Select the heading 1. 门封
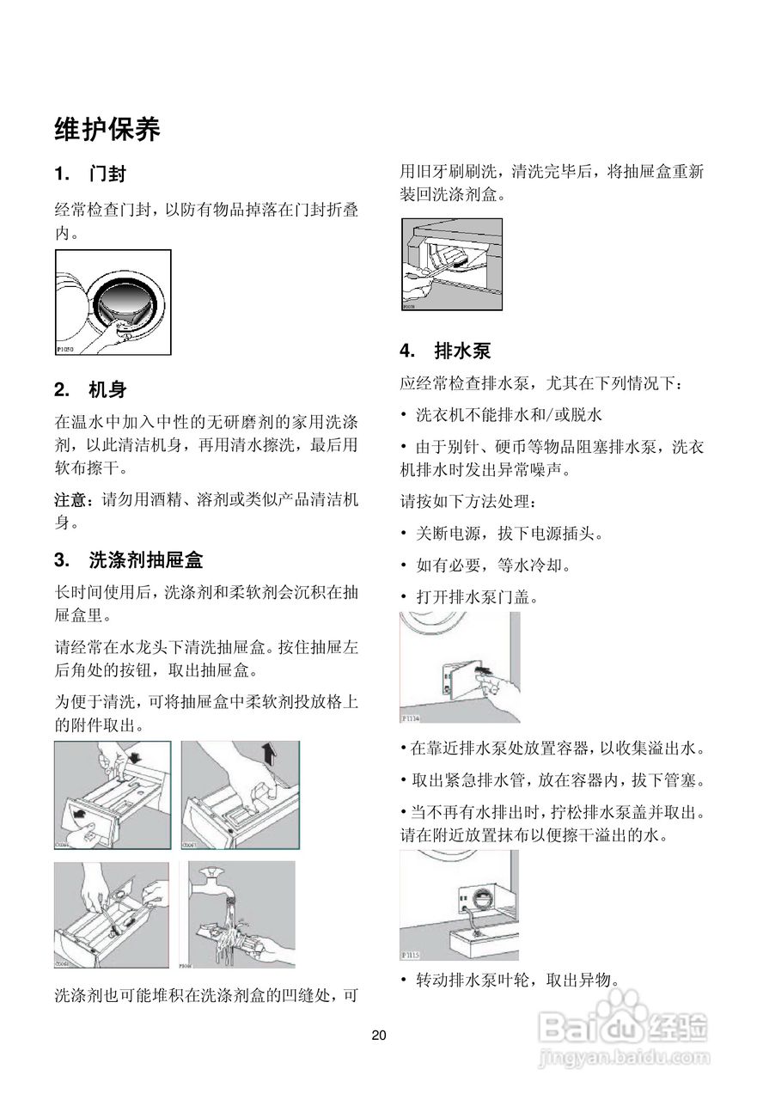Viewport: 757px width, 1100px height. click(91, 174)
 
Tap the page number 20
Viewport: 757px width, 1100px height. click(379, 1035)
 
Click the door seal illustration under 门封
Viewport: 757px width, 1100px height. click(113, 302)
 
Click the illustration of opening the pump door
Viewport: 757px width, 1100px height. click(460, 668)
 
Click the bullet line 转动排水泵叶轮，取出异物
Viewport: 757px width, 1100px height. click(516, 981)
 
